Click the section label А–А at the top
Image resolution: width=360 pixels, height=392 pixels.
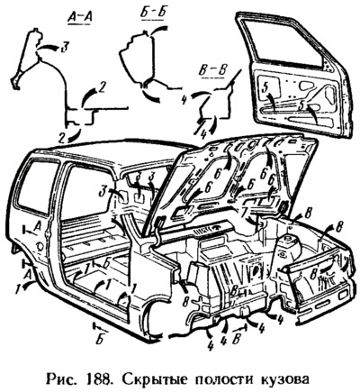[x=79, y=18]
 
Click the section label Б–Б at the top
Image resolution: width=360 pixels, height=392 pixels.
[x=151, y=14]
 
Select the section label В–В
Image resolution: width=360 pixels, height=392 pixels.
[x=213, y=70]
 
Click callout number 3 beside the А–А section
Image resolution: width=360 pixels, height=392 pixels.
[x=64, y=48]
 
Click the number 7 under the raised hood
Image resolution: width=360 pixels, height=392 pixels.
[x=245, y=212]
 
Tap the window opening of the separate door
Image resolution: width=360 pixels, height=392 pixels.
[x=285, y=39]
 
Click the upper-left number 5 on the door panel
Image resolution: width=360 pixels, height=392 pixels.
[x=265, y=88]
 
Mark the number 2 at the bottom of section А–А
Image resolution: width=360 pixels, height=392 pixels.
[x=62, y=138]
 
